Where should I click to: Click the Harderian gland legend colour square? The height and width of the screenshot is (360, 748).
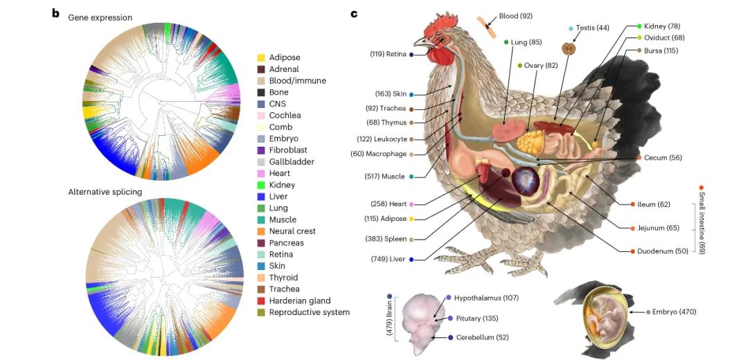coord(261,300)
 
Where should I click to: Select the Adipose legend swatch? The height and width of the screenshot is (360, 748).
coord(261,57)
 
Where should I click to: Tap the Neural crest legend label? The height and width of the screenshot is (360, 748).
coord(292,231)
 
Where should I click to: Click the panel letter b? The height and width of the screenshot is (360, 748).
coord(55,12)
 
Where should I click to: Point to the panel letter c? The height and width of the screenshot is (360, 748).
coord(354,12)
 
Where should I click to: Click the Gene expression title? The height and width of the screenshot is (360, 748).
coord(100,17)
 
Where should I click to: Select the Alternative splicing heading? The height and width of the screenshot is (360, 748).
coord(105,192)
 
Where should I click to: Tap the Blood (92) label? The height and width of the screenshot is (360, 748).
coord(516,16)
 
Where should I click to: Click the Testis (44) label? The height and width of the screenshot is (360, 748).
coord(594,28)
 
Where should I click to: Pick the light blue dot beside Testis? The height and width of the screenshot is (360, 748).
coord(571,28)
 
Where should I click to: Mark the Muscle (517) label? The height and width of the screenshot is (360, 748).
coord(385,177)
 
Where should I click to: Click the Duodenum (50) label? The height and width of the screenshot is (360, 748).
coord(663,251)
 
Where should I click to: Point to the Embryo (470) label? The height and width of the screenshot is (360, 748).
coord(675,312)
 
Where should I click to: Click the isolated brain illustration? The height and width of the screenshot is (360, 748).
coord(422,323)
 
